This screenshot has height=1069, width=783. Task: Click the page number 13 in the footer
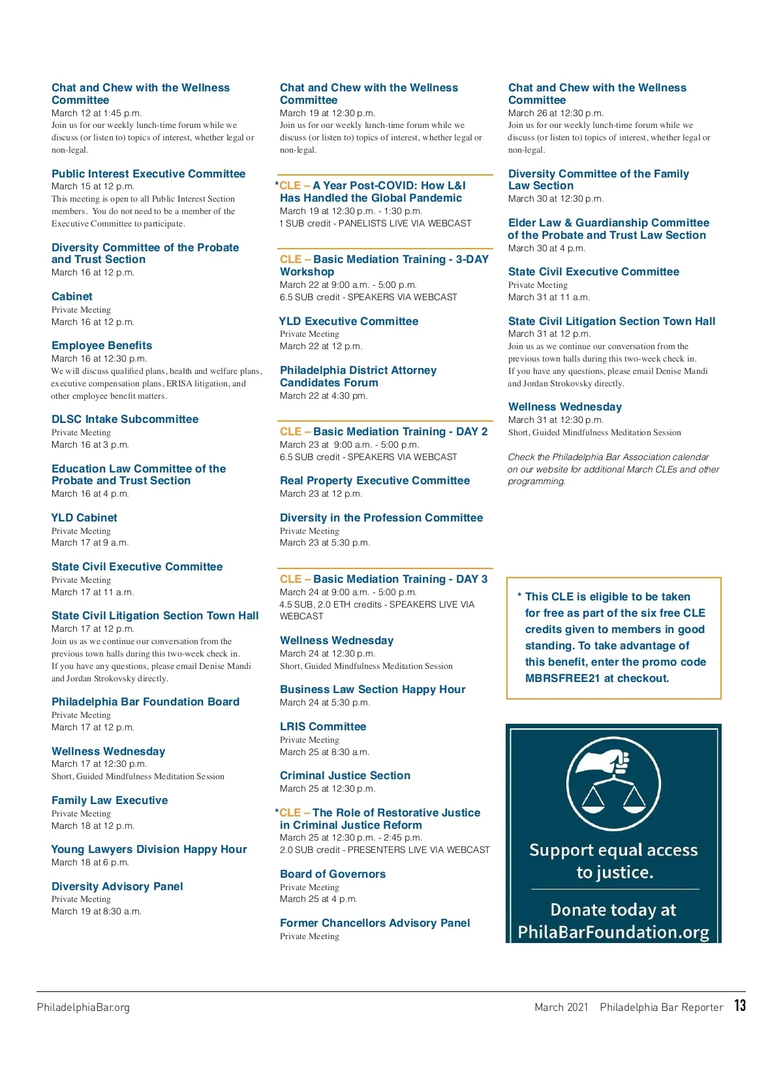739,1005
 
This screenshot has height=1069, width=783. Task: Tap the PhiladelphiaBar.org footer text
84,1007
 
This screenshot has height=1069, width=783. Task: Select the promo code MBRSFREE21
562,678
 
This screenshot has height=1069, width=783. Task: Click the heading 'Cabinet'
72,296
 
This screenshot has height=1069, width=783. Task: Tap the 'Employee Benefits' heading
102,345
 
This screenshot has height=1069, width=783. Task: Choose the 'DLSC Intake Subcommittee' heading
125,419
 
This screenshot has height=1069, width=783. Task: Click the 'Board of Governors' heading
333,874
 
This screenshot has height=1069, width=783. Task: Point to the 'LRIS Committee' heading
323,726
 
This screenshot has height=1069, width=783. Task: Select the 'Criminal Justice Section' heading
345,775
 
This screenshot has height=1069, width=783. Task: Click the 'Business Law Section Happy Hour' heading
373,689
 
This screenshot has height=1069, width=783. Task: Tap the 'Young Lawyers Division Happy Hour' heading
149,849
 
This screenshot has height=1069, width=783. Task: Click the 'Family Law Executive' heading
110,800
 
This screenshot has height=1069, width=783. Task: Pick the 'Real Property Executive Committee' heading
375,480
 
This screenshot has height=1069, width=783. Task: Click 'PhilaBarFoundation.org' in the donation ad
613,932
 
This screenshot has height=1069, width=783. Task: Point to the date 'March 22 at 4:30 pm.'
324,395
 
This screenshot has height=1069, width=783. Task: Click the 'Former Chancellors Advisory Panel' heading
375,923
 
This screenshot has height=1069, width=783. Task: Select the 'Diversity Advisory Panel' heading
117,886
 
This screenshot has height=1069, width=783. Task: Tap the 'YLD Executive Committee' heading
348,321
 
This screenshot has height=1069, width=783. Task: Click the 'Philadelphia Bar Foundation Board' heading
146,702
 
